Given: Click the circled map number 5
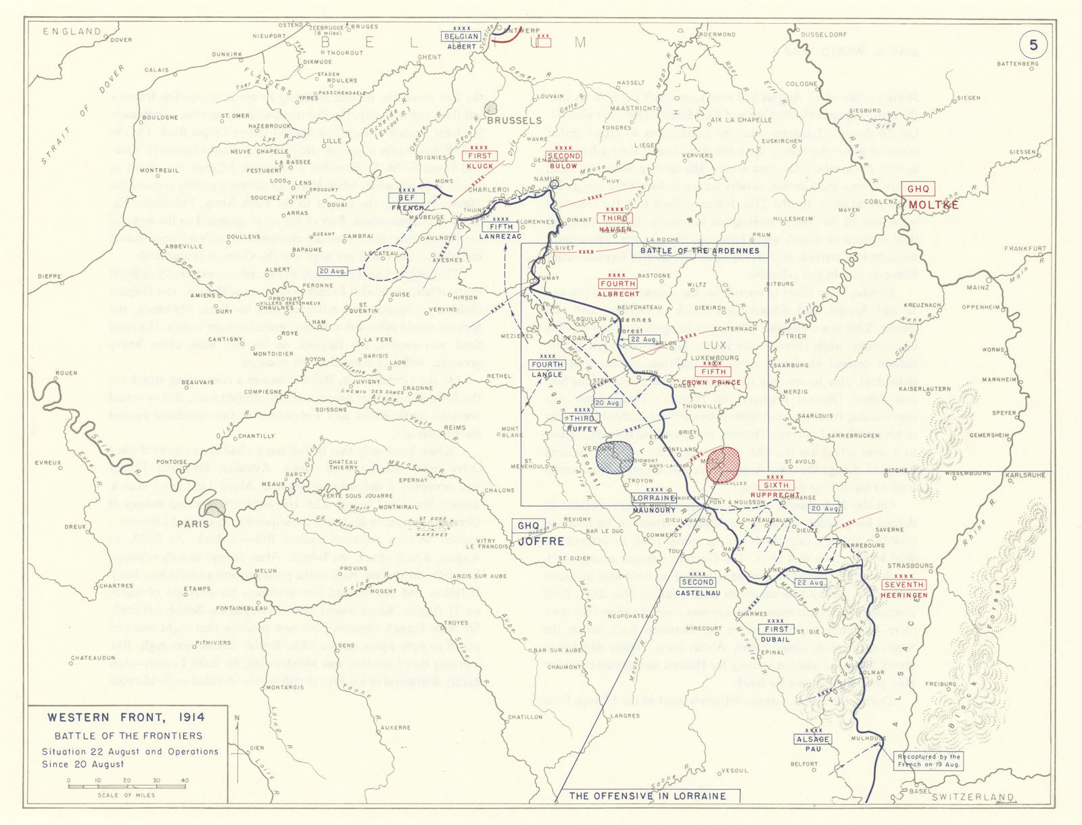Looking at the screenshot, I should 1033,45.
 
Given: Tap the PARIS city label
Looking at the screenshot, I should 193,524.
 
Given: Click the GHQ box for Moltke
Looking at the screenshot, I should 918,189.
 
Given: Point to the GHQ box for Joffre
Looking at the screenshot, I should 528,526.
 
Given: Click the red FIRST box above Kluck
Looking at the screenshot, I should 479,156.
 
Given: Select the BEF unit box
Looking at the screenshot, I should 406,198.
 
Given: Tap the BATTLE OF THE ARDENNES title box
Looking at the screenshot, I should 700,251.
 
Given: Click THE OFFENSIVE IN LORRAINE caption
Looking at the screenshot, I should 647,796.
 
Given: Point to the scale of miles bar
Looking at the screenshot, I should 126,786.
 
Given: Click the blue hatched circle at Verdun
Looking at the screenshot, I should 614,458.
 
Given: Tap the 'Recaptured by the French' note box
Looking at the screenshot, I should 928,760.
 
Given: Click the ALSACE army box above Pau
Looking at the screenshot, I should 813,739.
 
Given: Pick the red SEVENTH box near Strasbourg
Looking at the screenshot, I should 903,585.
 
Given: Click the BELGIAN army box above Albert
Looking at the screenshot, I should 461,37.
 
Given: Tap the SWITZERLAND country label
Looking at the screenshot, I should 972,797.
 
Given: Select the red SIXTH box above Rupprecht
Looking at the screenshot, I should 776,485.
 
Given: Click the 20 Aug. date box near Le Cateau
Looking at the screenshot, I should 332,271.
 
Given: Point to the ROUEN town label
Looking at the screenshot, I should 66,373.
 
